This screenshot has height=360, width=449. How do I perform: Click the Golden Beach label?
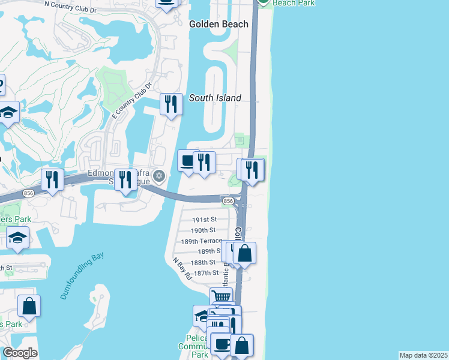click(x=218, y=24)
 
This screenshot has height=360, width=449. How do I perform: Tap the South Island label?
click(x=215, y=98)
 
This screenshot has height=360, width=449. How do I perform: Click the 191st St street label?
click(x=203, y=220)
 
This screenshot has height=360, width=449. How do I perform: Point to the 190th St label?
click(x=203, y=230)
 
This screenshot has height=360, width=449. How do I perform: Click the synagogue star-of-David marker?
click(x=159, y=176)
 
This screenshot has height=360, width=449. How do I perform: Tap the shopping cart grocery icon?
click(x=221, y=296)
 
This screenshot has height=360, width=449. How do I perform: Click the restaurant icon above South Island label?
click(x=171, y=104)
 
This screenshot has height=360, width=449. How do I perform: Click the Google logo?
click(x=20, y=353)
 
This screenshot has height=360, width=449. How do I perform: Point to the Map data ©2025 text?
click(x=423, y=355)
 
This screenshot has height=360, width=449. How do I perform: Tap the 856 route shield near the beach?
click(x=227, y=200)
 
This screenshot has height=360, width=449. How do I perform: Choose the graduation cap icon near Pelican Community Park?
click(x=202, y=315)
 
